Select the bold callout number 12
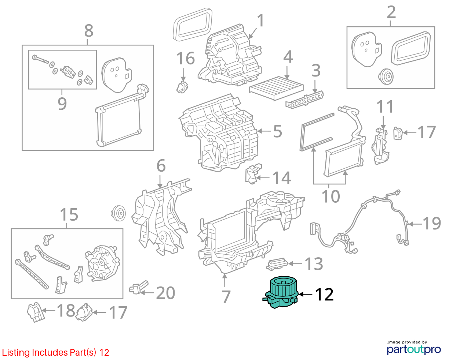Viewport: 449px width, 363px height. (324, 295)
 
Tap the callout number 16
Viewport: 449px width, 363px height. (185, 58)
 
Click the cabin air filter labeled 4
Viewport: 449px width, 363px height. (276, 88)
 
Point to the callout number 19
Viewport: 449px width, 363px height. (432, 223)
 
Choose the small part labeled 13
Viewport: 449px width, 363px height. (277, 264)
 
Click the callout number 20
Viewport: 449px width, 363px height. (165, 293)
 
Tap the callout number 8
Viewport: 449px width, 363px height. (89, 31)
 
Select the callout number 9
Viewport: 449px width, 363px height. (62, 104)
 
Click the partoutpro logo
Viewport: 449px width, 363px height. (413, 349)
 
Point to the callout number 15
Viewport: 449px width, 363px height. (69, 214)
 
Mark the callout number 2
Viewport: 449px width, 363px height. (391, 12)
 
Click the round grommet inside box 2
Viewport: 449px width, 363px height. (386, 76)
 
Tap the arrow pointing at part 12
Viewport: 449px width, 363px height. (306, 294)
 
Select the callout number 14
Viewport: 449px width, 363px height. (281, 178)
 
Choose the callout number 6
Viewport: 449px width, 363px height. (161, 166)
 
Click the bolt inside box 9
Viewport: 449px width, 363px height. (40, 59)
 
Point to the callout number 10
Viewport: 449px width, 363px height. (331, 197)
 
